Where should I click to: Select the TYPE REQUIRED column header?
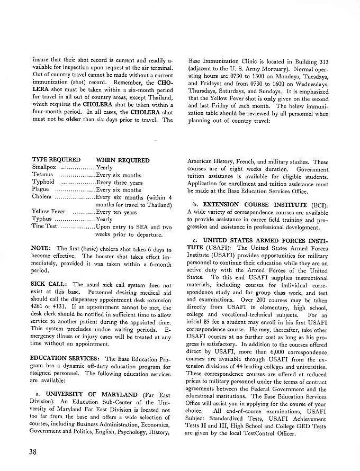coord(56,160)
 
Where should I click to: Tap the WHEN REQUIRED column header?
coord(122,160)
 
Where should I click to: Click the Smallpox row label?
coord(44,167)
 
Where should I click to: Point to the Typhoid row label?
coord(43,182)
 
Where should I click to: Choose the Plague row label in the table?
coord(41,189)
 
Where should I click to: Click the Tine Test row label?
coord(44,227)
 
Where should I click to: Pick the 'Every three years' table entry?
coord(119,182)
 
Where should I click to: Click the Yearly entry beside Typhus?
coord(104,219)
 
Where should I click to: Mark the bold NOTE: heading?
coord(41,249)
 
